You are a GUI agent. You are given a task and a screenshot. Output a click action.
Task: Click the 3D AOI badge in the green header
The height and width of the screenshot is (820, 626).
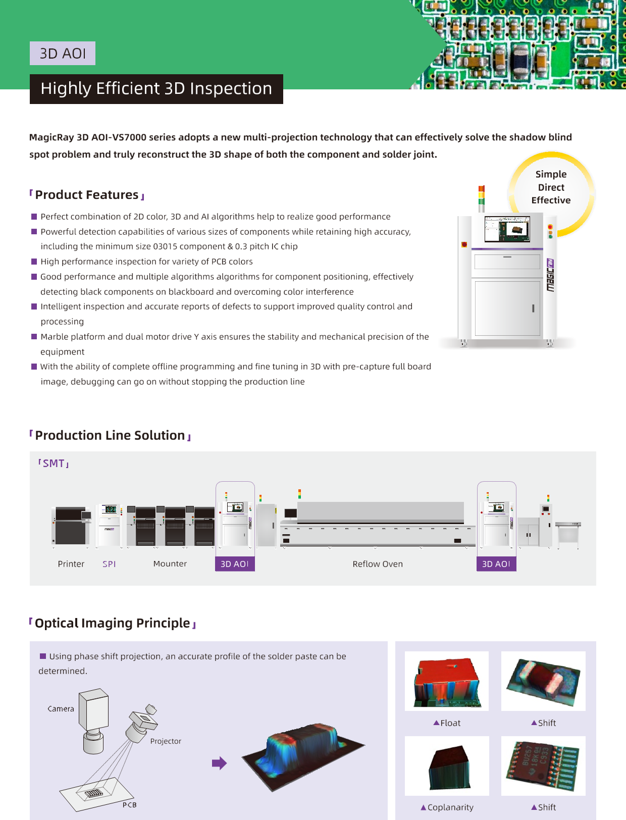point(63,54)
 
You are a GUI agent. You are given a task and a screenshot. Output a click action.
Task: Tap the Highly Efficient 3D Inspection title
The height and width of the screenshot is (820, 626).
point(156,89)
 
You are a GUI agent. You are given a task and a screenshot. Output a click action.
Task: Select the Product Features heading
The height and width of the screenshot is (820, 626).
point(87,194)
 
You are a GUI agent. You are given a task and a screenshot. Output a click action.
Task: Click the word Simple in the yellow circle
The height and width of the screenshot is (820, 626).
point(551,175)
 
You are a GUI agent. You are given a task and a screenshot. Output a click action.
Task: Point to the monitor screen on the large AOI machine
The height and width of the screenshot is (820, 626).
point(507,229)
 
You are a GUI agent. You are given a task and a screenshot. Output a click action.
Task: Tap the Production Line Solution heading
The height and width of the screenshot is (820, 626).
point(110,435)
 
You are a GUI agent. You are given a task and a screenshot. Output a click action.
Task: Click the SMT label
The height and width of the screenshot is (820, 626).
point(54,463)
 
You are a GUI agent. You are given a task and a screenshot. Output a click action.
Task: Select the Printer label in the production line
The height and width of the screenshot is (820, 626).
point(71,563)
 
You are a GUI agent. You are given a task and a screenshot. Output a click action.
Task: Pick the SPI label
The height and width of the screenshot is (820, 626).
point(109,563)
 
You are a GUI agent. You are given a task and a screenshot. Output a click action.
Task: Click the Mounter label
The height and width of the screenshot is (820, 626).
point(170,563)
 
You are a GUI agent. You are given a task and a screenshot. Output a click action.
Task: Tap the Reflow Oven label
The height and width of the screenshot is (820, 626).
point(378,563)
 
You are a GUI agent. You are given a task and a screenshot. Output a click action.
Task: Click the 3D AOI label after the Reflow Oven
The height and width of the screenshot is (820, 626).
point(496,563)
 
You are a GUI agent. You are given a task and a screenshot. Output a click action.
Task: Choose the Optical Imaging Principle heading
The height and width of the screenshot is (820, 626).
point(113,623)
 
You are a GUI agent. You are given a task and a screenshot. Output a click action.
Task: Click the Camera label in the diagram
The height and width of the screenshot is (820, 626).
point(61,709)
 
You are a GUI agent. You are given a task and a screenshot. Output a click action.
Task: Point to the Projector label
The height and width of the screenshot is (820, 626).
point(166,741)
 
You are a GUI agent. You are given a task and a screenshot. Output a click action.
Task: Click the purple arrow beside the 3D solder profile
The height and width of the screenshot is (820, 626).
point(219,763)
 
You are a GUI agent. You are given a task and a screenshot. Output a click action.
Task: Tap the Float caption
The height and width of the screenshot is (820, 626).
point(447,723)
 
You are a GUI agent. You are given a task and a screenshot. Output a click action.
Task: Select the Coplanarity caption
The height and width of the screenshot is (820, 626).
point(447,807)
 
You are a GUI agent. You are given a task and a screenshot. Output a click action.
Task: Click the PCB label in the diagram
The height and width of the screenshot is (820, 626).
point(130,805)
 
